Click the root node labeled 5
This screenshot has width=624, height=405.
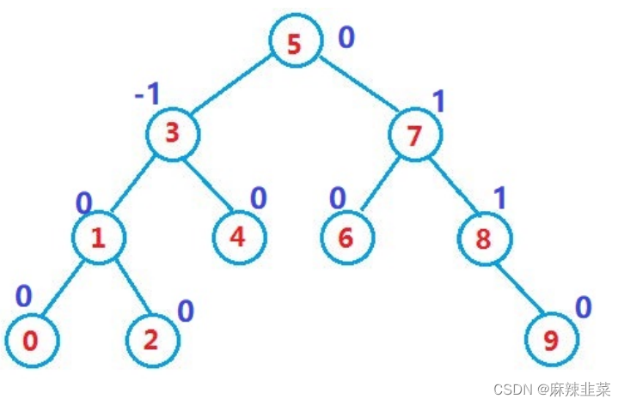[295, 43]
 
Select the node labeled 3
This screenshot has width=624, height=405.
[172, 133]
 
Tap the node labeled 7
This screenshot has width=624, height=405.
[414, 135]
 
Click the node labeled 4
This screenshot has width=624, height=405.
[238, 237]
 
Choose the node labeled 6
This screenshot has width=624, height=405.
[346, 238]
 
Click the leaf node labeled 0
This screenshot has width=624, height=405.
[31, 341]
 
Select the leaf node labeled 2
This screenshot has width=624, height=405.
[151, 341]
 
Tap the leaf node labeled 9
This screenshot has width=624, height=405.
[552, 342]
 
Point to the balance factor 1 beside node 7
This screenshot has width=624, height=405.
[438, 102]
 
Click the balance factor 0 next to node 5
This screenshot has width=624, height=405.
[346, 38]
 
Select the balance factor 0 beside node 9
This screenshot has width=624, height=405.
[584, 307]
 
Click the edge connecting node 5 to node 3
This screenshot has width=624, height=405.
[233, 88]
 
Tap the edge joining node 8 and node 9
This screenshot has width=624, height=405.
[518, 289]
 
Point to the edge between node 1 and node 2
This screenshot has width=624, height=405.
[125, 290]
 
